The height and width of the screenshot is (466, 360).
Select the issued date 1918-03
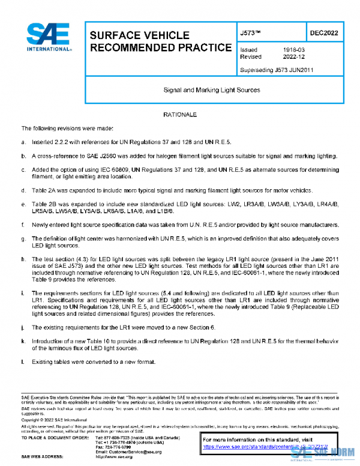click(292, 49)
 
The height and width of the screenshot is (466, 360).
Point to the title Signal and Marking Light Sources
click(212, 90)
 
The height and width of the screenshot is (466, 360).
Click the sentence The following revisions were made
click(71, 129)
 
